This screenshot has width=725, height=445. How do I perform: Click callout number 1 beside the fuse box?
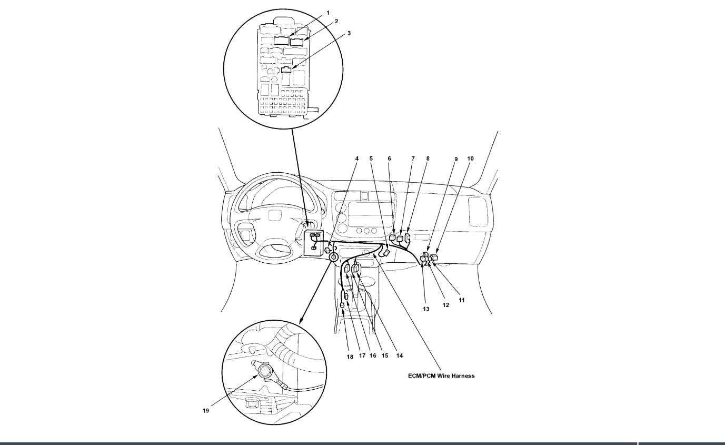point(327,12)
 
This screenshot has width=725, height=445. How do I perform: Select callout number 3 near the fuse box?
point(349,33)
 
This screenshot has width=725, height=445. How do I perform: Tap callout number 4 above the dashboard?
point(356,158)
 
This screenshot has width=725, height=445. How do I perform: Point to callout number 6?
point(390,158)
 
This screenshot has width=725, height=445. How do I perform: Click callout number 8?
point(428,158)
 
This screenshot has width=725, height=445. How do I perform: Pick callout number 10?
point(470,158)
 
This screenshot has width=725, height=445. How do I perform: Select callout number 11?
point(462,300)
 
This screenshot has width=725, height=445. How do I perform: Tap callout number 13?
point(426,309)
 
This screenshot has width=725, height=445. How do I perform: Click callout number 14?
point(400,355)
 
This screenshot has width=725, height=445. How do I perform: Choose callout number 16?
point(373,356)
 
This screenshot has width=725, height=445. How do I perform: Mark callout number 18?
point(349,356)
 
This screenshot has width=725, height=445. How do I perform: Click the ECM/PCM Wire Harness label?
point(441,375)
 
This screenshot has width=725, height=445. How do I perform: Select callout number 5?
point(371,158)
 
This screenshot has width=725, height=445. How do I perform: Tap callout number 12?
point(445,305)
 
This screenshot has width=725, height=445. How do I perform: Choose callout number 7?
point(413,158)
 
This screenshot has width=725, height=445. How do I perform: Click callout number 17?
point(362,356)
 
